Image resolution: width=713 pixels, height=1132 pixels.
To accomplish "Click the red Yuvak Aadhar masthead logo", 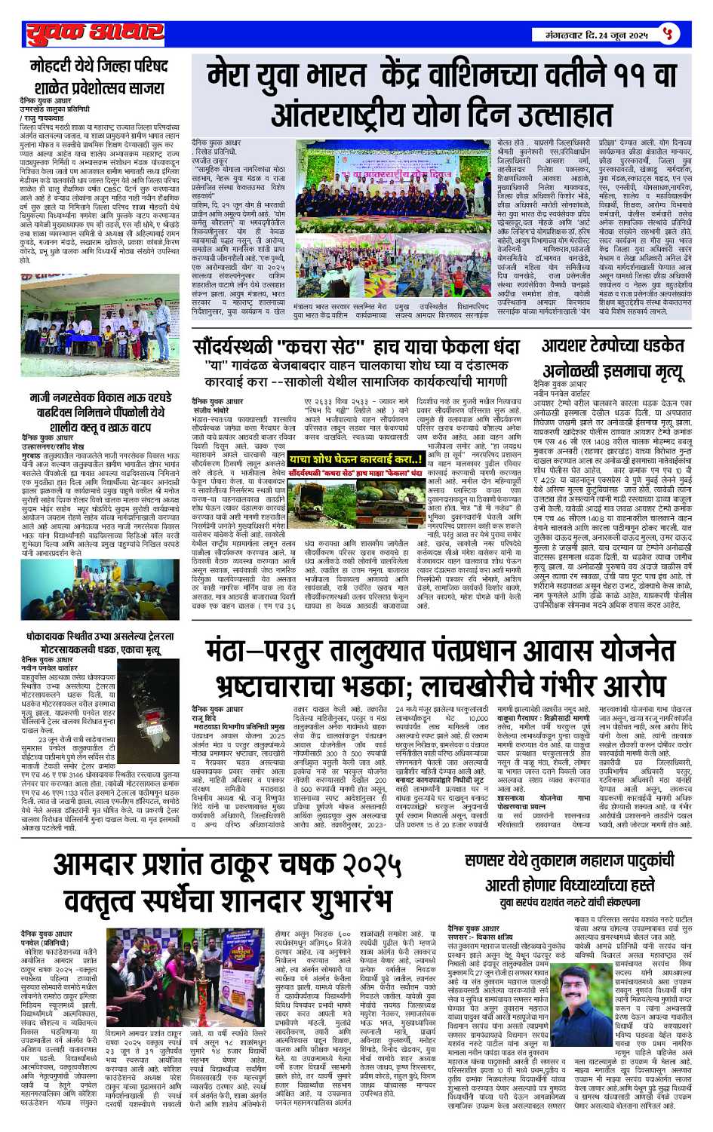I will [94, 34].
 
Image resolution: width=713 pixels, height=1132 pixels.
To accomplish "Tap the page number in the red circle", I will [668, 34].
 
